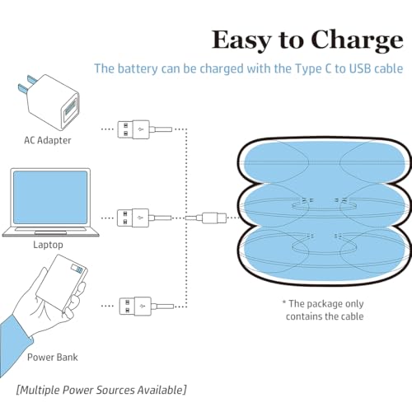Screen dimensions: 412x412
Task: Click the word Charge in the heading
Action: click(x=357, y=40)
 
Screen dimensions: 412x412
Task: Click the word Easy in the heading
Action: click(x=242, y=41)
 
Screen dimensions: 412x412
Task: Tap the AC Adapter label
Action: click(x=48, y=140)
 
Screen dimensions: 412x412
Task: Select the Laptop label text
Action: click(x=48, y=245)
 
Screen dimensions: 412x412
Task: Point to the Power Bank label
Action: click(x=53, y=358)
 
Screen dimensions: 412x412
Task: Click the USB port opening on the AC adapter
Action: click(x=70, y=110)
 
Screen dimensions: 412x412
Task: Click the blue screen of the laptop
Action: click(x=50, y=197)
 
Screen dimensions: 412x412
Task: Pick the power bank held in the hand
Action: click(x=62, y=284)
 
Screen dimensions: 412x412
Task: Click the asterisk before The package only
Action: click(x=284, y=302)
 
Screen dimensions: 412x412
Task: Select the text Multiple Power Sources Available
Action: click(x=101, y=390)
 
